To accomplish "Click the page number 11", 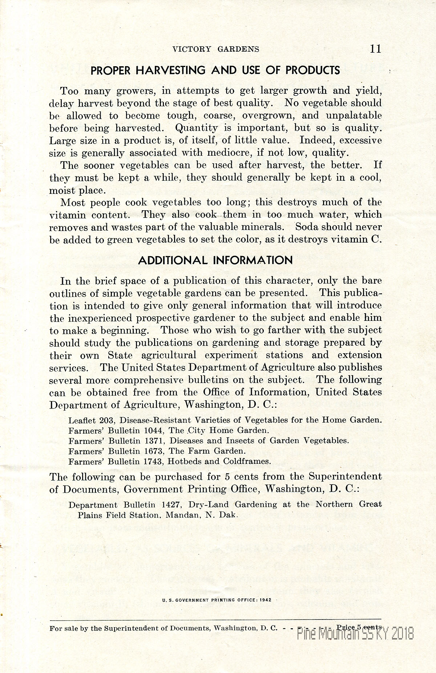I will click(375, 49).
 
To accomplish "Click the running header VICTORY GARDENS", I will click(216, 49).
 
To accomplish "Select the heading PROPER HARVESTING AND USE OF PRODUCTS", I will click(215, 70).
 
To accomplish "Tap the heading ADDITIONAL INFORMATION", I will click(215, 260).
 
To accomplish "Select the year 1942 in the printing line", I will click(265, 600).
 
